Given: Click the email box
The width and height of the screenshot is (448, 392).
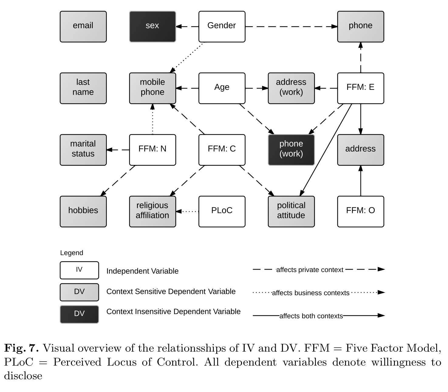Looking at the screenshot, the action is [x=83, y=27].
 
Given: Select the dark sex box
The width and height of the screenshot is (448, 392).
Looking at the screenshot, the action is [x=152, y=27].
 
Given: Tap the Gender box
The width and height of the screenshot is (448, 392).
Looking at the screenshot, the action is [x=222, y=27].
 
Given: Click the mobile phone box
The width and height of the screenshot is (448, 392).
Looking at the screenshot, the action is [x=152, y=88].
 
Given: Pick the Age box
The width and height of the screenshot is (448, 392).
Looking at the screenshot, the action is [x=222, y=88].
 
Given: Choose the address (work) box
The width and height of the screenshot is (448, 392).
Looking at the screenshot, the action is [x=291, y=88].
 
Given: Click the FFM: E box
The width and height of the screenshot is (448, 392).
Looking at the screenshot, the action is [x=361, y=88].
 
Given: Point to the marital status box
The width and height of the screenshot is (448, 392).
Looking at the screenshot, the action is [x=83, y=150].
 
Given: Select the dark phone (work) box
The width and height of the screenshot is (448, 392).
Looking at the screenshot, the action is [x=291, y=150].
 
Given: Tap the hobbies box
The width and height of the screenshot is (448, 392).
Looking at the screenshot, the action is [x=83, y=211].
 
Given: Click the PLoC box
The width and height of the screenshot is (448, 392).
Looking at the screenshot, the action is [x=222, y=211].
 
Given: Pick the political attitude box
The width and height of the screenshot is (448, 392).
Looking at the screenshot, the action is [x=291, y=211].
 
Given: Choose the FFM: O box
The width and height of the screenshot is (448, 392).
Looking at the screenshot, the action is [x=361, y=211].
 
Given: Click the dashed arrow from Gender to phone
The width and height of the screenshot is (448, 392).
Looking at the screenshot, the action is [x=291, y=27].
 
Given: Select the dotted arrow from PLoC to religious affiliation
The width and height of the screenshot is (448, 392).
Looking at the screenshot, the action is [x=187, y=211].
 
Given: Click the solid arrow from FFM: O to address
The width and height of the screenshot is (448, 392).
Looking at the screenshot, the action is [x=361, y=181].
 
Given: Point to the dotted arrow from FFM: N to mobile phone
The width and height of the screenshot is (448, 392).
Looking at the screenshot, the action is [x=152, y=119].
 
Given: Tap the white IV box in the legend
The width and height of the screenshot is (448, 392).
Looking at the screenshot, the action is [x=79, y=270].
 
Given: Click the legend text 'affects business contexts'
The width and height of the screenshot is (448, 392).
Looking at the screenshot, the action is [x=311, y=293].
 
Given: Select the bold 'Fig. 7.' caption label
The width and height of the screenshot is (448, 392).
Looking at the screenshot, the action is [x=22, y=348].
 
